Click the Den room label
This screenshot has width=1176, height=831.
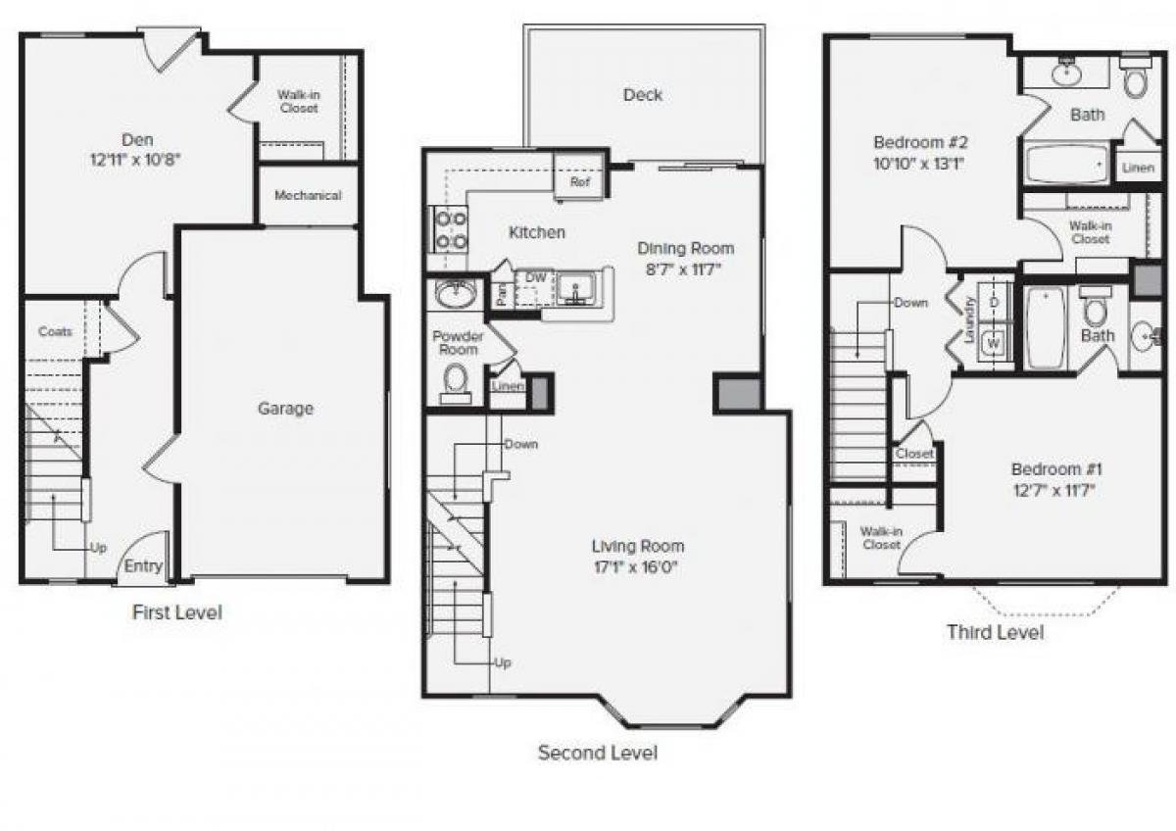coord(137,140)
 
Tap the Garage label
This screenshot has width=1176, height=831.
coord(285,409)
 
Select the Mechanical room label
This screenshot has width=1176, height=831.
coord(308,195)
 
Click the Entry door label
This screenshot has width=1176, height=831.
coord(144,566)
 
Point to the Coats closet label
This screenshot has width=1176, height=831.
coord(55,331)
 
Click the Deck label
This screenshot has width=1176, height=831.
coord(642,95)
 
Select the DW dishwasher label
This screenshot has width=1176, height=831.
coord(535,278)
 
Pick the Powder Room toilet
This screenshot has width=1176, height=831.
coord(455,379)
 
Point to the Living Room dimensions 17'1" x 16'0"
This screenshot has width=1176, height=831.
coord(637,565)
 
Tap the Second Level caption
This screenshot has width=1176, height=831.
coord(598,753)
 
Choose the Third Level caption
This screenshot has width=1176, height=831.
coord(995,632)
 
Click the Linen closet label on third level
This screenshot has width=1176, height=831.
coord(1137,169)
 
